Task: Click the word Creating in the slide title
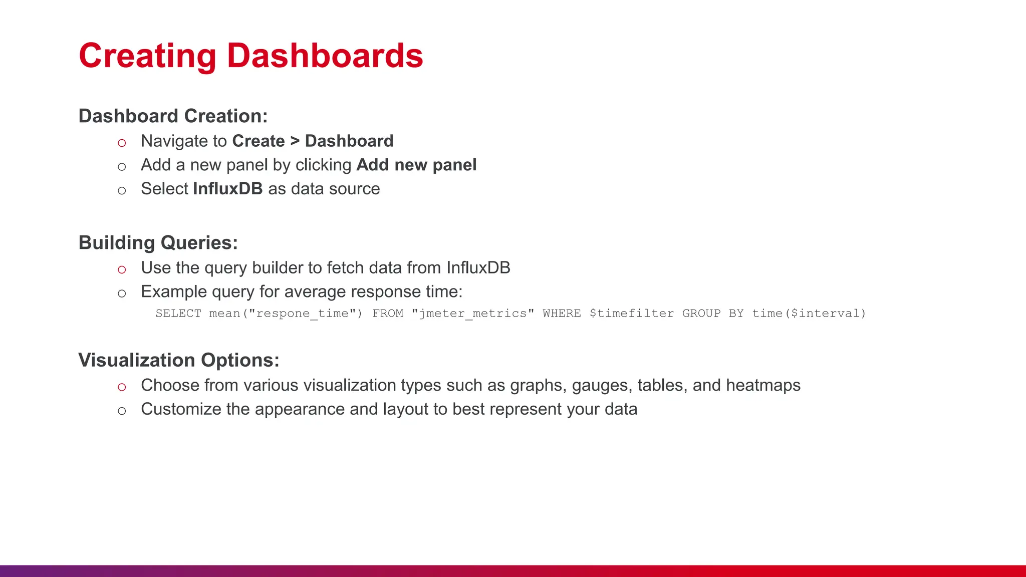(x=147, y=56)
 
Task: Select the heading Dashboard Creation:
(x=173, y=116)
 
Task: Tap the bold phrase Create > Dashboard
(x=313, y=141)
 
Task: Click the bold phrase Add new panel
(x=416, y=165)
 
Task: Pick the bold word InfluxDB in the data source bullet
(x=227, y=189)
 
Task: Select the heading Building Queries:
(x=158, y=243)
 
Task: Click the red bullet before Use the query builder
(x=122, y=269)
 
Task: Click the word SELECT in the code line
(x=178, y=314)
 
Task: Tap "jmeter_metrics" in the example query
(x=472, y=314)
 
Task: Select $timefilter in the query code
(x=631, y=314)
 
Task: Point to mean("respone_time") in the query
(x=285, y=314)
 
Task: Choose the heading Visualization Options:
(x=178, y=361)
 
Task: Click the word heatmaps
(x=763, y=386)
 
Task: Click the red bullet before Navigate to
(x=122, y=143)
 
